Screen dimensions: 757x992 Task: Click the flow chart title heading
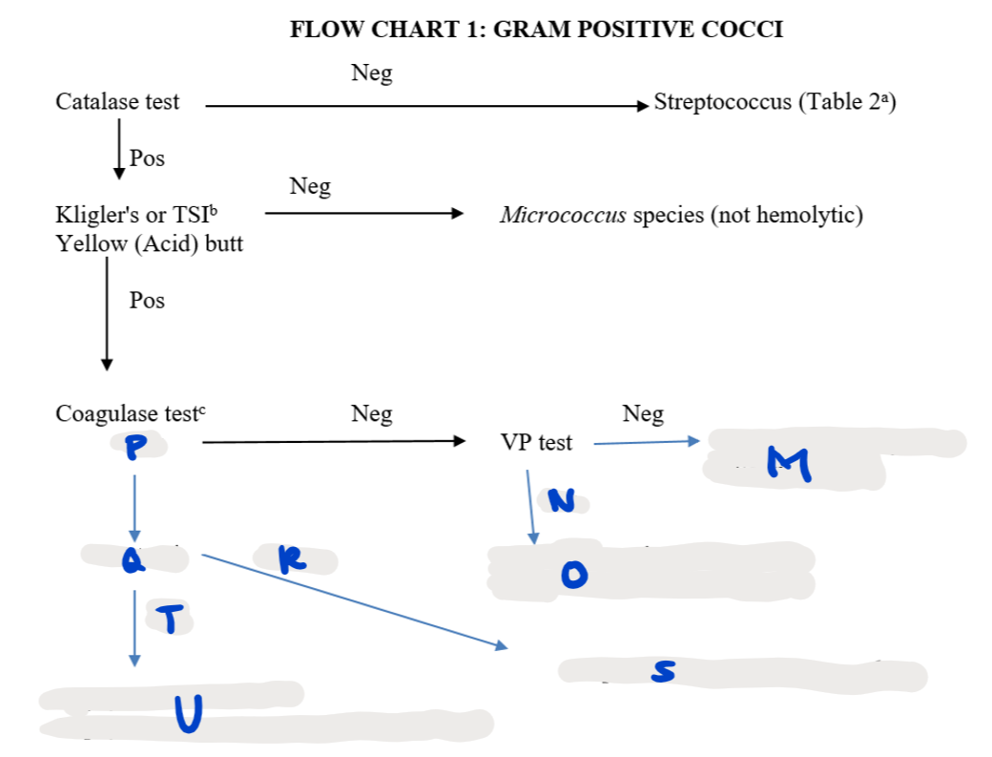tap(536, 30)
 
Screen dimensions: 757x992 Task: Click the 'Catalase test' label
tap(117, 102)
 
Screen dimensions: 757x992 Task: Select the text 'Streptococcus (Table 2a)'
tap(775, 102)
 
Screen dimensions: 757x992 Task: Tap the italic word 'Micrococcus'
tap(563, 215)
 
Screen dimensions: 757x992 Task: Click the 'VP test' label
tap(536, 442)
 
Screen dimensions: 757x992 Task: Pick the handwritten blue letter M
tap(791, 465)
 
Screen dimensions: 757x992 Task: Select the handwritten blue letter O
tap(574, 573)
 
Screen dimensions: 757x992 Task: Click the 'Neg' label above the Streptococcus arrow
tap(371, 74)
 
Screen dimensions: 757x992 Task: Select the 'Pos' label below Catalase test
tap(147, 158)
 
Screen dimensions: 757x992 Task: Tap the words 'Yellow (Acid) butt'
tap(149, 244)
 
